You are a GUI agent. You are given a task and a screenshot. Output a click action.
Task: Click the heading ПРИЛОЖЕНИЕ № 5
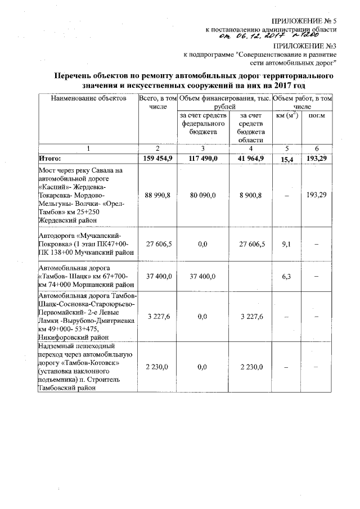304,21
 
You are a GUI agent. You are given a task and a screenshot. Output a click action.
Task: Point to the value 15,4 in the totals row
287,159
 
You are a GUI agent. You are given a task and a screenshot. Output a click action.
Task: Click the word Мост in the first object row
48,170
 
